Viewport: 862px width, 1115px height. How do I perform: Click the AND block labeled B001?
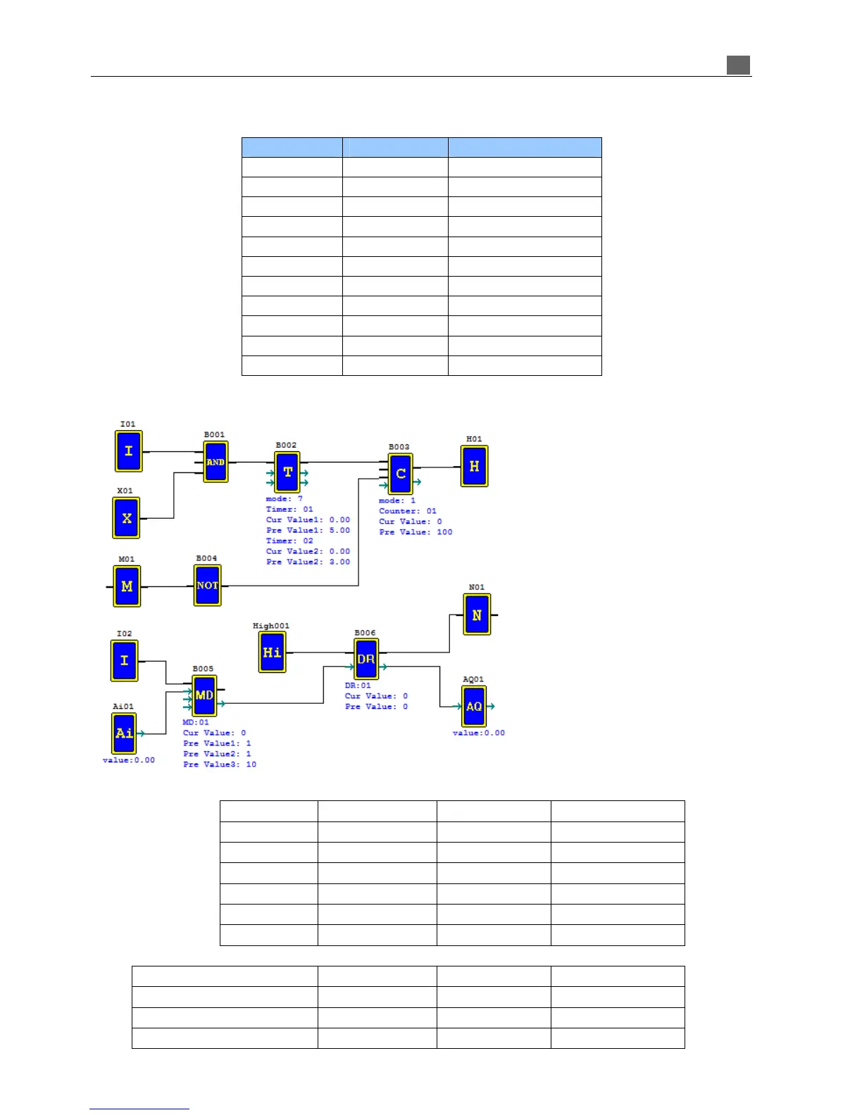coord(216,462)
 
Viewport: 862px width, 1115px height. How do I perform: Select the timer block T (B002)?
coord(287,472)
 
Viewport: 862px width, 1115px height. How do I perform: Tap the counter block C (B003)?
coord(401,474)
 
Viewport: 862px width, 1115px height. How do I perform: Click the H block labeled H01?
coord(474,466)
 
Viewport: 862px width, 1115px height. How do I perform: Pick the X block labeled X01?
coord(127,518)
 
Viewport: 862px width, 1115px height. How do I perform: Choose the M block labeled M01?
coord(127,586)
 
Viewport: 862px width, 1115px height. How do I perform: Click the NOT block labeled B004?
coord(207,585)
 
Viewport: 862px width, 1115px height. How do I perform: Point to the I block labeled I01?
coord(128,451)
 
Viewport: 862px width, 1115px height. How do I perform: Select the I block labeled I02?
coord(124,660)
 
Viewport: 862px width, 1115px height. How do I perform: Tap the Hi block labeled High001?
coord(272,652)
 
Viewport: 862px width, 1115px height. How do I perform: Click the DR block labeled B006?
coord(366,660)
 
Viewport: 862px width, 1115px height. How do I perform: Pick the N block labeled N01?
coord(477,615)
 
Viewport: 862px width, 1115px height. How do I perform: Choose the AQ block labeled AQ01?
coord(474,706)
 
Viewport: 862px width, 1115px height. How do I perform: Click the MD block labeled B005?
coord(204,695)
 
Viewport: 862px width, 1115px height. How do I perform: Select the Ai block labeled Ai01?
coord(124,733)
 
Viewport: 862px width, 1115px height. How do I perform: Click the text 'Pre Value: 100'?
coord(416,532)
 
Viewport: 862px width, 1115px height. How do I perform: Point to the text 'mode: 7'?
coord(285,498)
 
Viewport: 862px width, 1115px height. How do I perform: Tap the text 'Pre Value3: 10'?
coord(220,764)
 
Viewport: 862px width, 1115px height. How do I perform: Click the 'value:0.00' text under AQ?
coord(479,733)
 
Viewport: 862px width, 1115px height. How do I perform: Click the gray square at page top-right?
coord(738,65)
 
